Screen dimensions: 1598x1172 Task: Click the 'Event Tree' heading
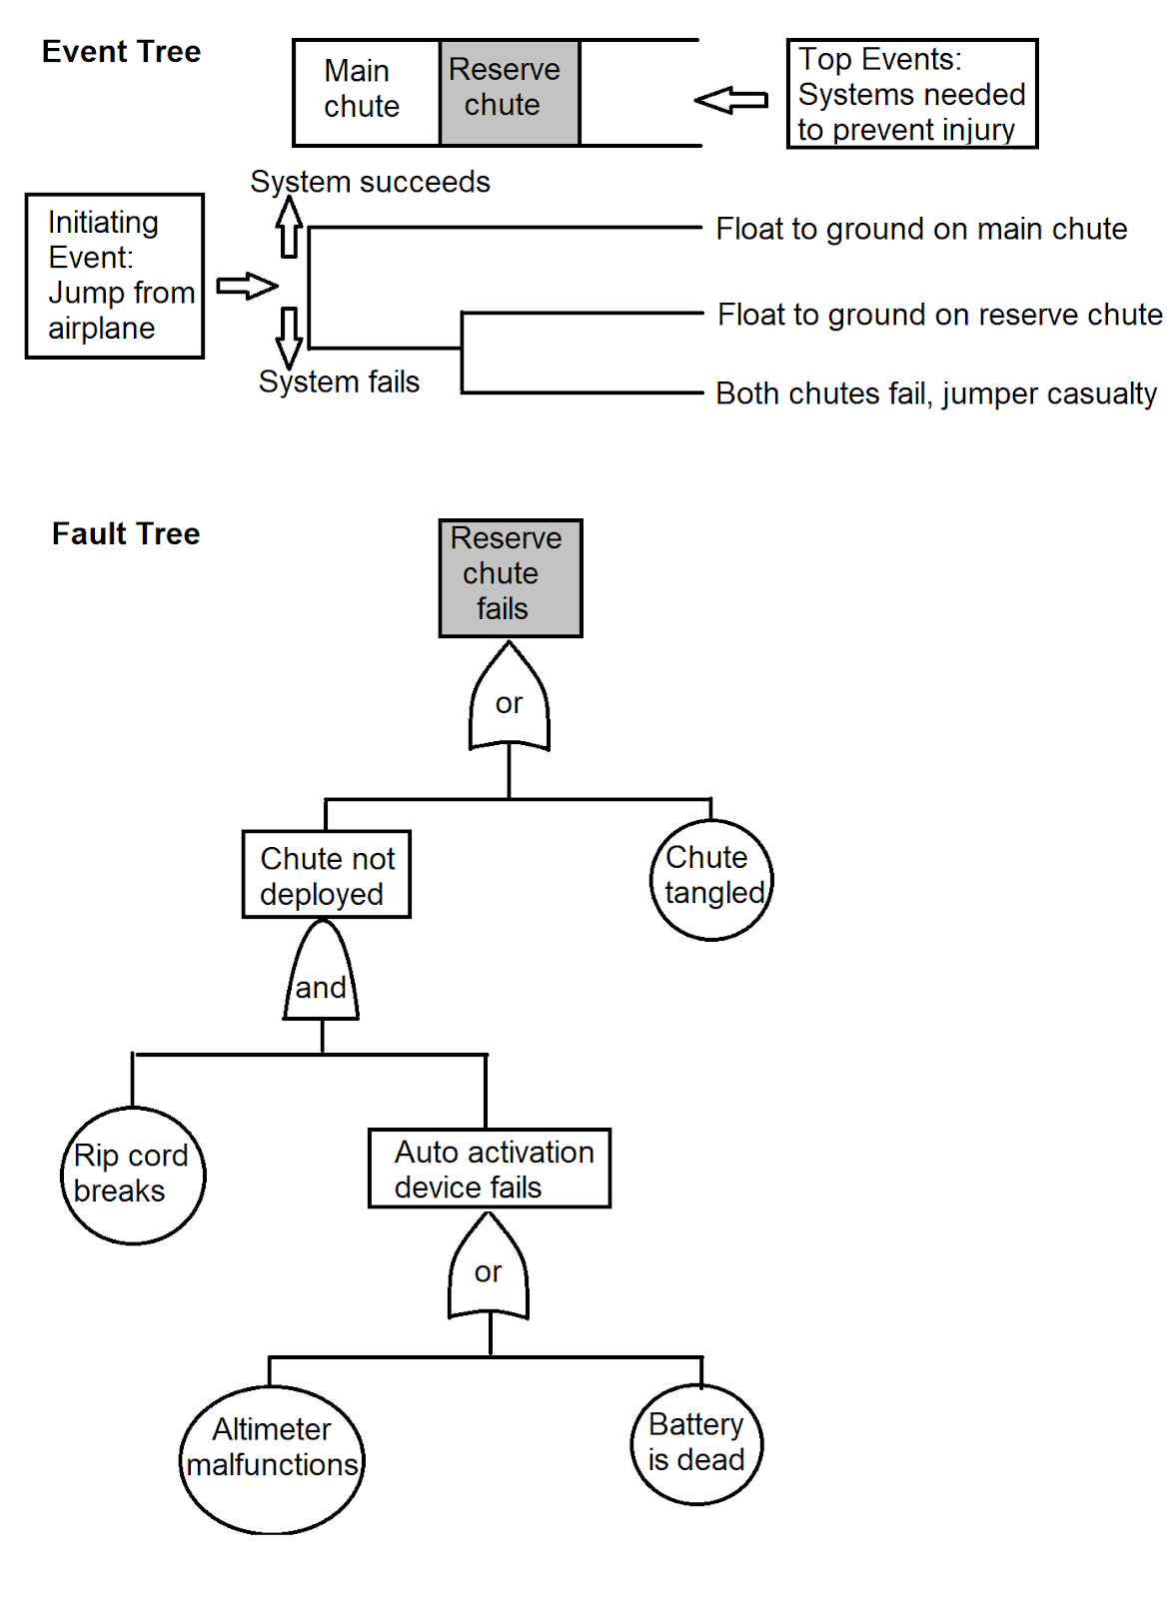[121, 52]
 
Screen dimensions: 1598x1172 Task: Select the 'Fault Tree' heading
[126, 534]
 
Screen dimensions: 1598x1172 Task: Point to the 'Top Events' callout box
[911, 94]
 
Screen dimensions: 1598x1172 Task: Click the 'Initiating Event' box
[115, 276]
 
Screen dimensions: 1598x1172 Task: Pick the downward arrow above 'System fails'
[289, 338]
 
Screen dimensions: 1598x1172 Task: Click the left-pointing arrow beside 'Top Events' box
[731, 100]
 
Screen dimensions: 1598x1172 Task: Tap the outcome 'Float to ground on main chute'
[921, 230]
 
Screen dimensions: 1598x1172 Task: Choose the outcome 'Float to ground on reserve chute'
[939, 316]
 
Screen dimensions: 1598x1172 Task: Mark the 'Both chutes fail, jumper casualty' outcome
[936, 395]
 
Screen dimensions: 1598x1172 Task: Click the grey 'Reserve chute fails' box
[510, 578]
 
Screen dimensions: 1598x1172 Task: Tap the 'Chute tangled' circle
[711, 879]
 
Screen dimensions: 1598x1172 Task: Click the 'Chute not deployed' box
[326, 875]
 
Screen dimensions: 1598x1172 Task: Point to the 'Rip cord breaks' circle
[133, 1176]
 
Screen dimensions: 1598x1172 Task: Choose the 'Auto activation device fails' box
[489, 1169]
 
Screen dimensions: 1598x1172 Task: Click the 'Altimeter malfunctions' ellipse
[272, 1459]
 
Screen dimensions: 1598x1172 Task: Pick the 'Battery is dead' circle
[696, 1444]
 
